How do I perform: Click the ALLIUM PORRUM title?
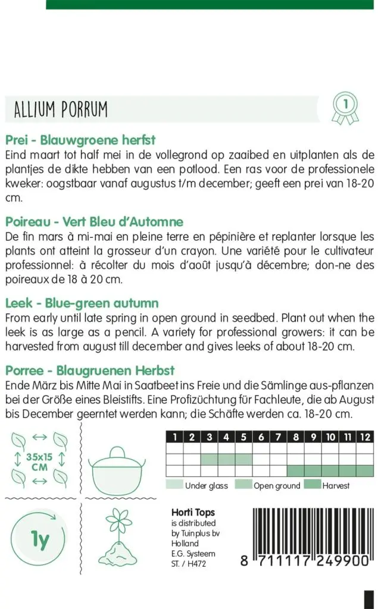pos(60,109)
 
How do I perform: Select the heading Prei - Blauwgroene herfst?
pos(80,140)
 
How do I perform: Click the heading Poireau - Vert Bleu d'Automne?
pos(94,222)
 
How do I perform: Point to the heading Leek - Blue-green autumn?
pos(82,303)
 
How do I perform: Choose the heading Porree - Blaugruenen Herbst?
pos(90,371)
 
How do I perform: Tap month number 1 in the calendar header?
pos(174,437)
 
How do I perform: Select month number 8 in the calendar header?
pos(296,437)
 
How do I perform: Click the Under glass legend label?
pos(206,486)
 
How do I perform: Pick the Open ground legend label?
pos(277,486)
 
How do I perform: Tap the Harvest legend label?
pos(336,486)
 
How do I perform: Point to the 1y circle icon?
pos(39,542)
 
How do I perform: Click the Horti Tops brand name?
pos(193,513)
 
